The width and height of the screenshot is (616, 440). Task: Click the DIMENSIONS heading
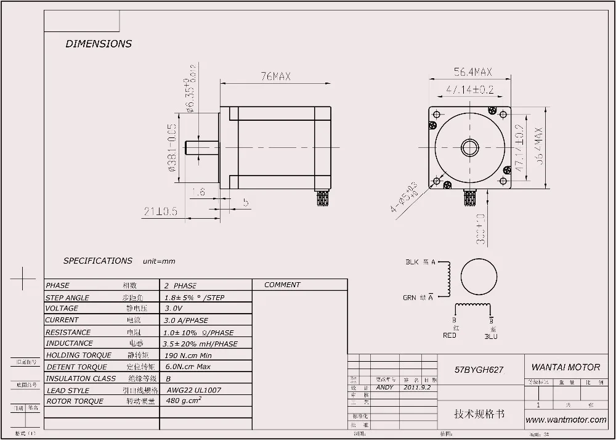[99, 44]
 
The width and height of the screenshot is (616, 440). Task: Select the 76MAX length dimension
[275, 76]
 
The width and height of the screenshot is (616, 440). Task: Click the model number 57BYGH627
[479, 370]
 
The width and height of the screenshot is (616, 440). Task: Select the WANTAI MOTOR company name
[565, 367]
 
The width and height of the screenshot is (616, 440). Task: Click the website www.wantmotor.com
[566, 420]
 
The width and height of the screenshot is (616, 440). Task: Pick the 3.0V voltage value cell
[174, 309]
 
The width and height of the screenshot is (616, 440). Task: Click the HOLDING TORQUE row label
[79, 355]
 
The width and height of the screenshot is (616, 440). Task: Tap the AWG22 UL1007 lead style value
[194, 390]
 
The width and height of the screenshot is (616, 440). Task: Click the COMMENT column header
[282, 285]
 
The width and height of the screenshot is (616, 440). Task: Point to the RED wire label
[450, 336]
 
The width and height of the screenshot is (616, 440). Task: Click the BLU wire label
[491, 336]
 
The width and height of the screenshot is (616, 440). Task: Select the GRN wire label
[410, 298]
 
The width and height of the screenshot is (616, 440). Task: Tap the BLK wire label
[412, 263]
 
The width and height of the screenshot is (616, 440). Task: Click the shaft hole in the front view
[471, 147]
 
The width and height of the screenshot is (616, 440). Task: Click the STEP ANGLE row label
[68, 297]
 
